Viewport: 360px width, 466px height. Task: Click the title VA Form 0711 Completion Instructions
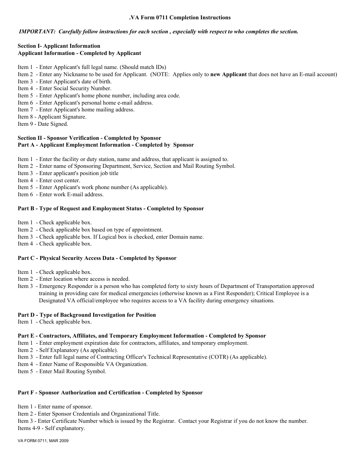[180, 17]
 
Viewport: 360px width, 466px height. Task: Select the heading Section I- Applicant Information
[59, 46]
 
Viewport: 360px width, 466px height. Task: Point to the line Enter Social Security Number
[75, 89]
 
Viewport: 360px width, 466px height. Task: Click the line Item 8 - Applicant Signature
[52, 117]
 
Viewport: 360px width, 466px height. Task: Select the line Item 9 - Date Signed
[43, 124]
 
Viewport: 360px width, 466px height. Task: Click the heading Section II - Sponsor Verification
[89, 138]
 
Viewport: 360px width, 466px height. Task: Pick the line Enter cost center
[59, 180]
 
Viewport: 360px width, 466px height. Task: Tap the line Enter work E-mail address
[71, 194]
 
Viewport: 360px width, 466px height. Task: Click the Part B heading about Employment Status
[111, 209]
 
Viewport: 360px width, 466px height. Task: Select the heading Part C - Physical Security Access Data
[97, 258]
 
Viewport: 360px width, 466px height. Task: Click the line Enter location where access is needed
[84, 279]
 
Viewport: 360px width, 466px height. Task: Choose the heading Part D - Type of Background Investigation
[87, 315]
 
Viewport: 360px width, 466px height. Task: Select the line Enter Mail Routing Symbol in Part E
[73, 371]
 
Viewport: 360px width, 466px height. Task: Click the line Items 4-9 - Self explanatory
[51, 428]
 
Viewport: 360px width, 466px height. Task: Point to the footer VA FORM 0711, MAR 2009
[43, 441]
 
